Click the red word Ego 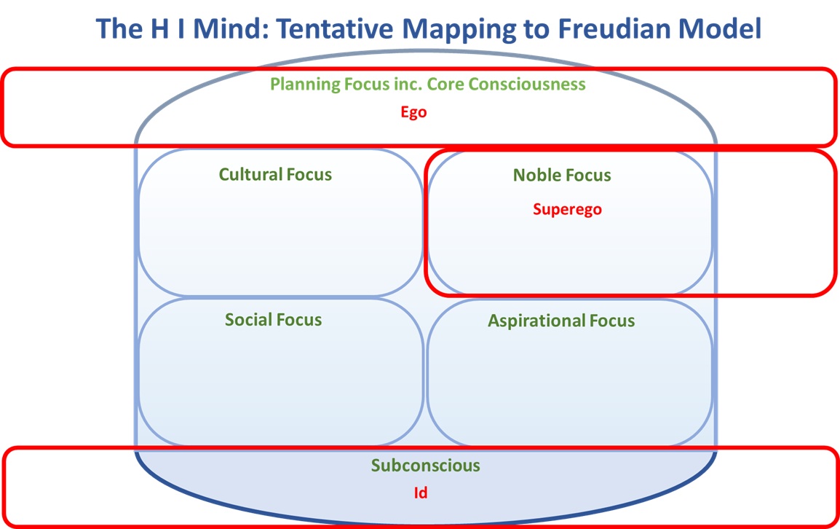click(413, 113)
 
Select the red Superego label click(567, 210)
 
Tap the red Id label click(420, 493)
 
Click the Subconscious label click(426, 466)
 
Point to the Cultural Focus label click(275, 175)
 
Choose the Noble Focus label click(562, 176)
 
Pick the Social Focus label click(273, 320)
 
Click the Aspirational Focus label click(561, 321)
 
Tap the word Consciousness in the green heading click(526, 84)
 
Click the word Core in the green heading click(445, 84)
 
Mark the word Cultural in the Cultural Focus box click(250, 175)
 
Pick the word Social click(247, 320)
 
